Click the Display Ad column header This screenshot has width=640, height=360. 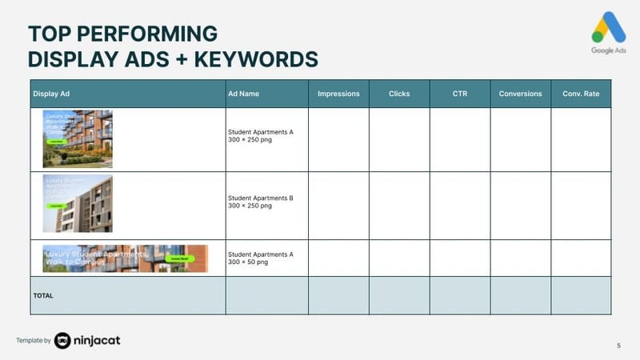pos(52,94)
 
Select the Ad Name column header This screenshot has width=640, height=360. pos(243,94)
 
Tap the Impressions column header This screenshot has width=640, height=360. pos(338,94)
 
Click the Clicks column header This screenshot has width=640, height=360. pos(399,94)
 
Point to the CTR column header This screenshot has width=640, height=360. pos(460,94)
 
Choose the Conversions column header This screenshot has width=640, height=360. pos(520,94)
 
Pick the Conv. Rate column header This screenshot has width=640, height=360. pos(581,94)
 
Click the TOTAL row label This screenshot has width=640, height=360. pos(43,295)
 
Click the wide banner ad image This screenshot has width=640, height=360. pos(125,258)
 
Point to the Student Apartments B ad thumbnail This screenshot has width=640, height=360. pos(78,203)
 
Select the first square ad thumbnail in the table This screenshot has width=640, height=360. pos(78,139)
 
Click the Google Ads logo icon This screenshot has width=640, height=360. pos(609,28)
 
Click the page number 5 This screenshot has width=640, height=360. pos(618,345)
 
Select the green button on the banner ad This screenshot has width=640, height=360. pos(179,258)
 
